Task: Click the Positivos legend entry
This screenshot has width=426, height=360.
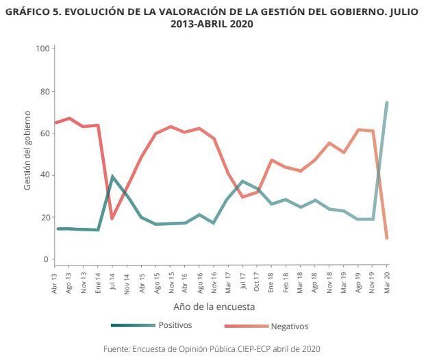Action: coord(175,325)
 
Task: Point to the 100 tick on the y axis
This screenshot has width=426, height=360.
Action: coord(42,49)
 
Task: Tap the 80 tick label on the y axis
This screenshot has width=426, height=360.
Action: coord(44,91)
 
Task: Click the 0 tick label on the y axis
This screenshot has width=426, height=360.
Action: coord(47,259)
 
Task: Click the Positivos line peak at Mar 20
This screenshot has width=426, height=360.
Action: coord(387,103)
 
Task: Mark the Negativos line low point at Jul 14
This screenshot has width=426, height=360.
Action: coord(112,218)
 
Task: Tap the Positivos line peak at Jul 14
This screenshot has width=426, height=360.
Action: coord(112,177)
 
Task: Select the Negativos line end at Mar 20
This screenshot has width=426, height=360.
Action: coord(387,238)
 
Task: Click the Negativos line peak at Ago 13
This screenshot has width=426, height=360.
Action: coord(69,118)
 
